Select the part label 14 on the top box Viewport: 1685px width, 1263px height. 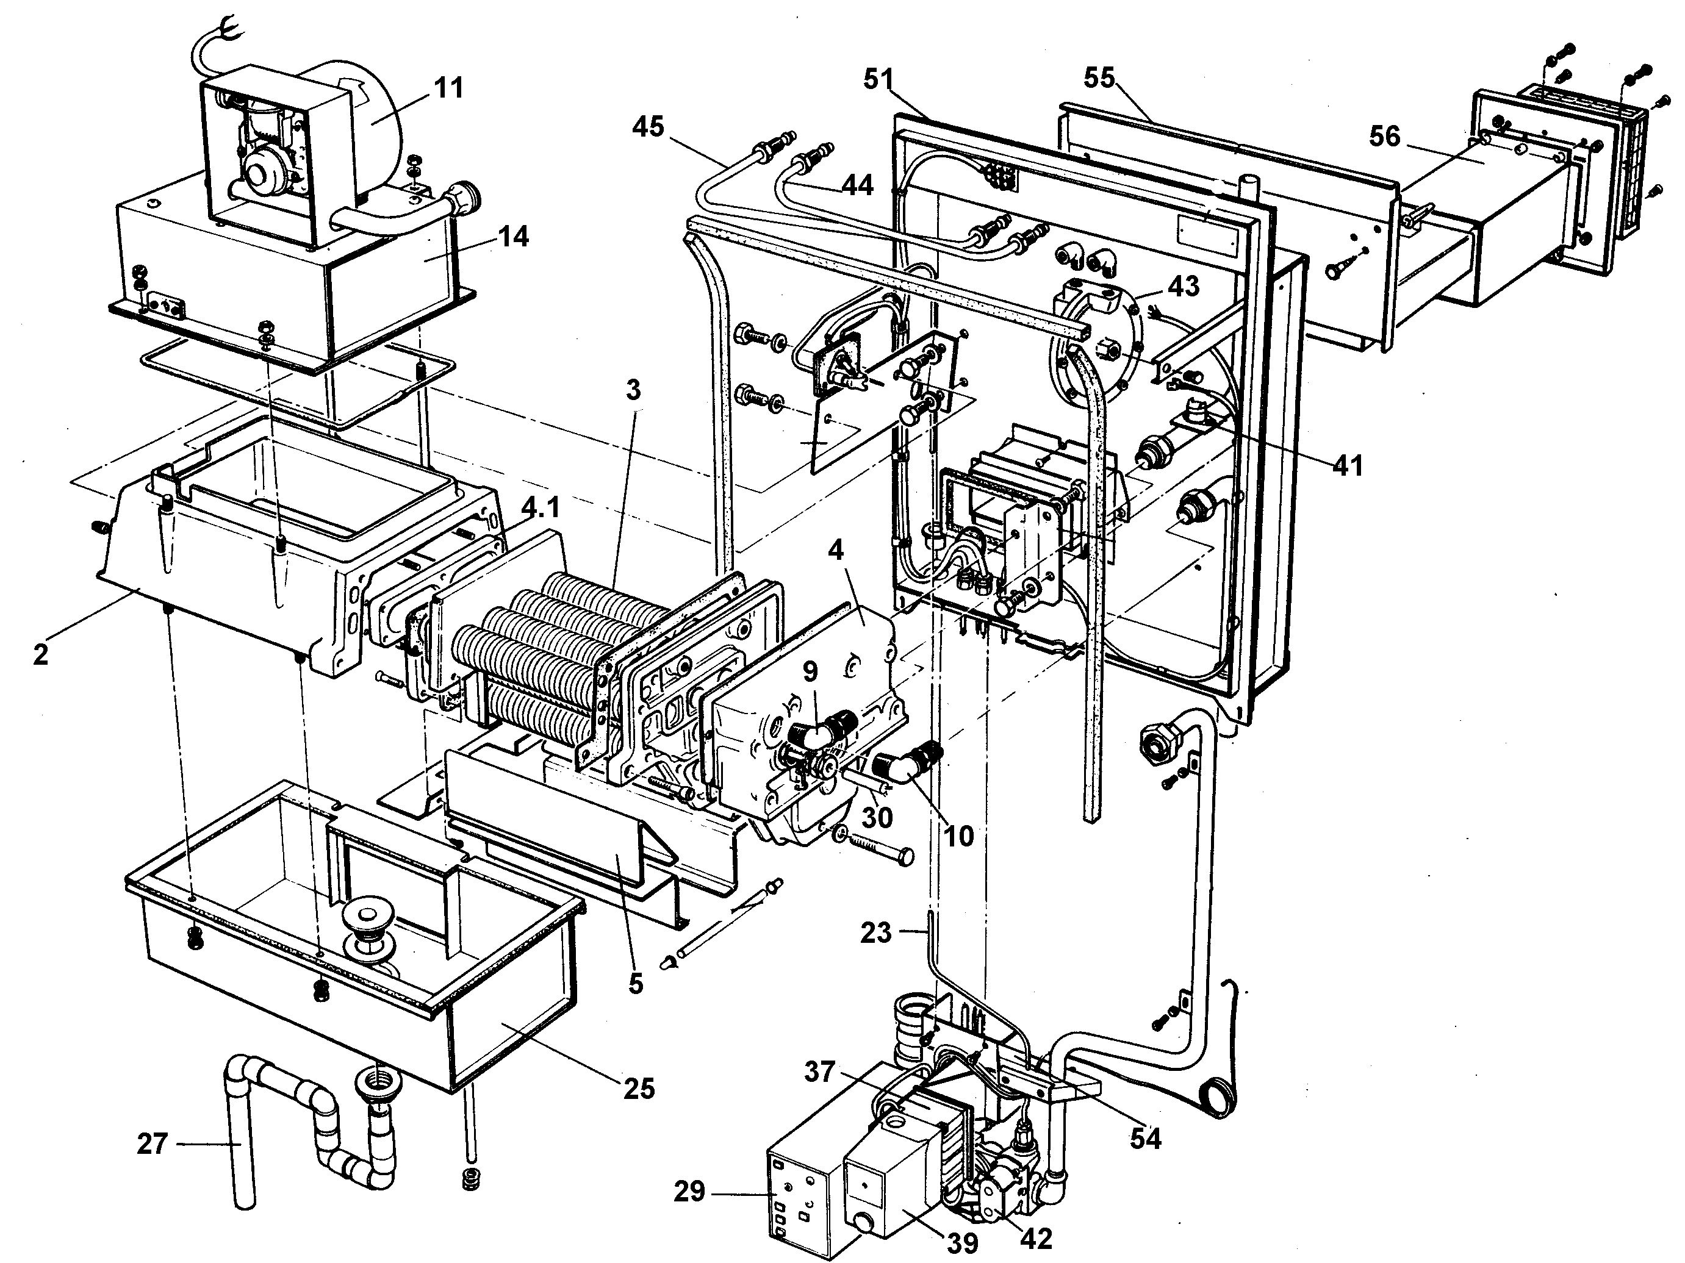click(514, 237)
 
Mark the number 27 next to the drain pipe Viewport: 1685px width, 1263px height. click(153, 1143)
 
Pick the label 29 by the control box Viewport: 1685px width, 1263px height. click(689, 1192)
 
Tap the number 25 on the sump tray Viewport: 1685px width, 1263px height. click(638, 1089)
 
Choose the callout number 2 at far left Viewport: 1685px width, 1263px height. click(40, 653)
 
